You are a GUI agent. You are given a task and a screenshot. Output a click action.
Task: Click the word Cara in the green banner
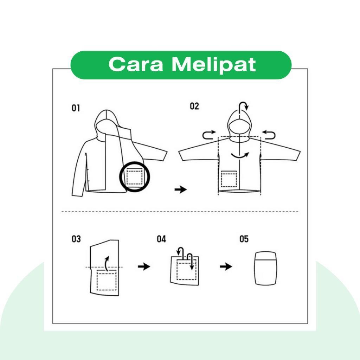pyautogui.click(x=136, y=64)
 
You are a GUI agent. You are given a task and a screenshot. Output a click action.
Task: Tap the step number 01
pyautogui.click(x=76, y=108)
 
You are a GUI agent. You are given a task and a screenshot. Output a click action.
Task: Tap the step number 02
pyautogui.click(x=194, y=106)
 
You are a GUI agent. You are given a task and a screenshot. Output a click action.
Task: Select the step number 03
pyautogui.click(x=76, y=239)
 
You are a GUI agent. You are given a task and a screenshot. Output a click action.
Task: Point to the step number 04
pyautogui.click(x=161, y=239)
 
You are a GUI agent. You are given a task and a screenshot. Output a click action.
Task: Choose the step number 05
pyautogui.click(x=244, y=239)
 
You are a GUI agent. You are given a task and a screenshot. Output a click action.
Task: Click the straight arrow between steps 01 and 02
pyautogui.click(x=181, y=189)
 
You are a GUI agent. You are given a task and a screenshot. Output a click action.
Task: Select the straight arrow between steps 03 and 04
pyautogui.click(x=144, y=266)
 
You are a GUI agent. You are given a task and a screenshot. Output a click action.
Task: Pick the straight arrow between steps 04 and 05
pyautogui.click(x=226, y=266)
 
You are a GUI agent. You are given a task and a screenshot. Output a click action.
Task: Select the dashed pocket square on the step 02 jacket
pyautogui.click(x=229, y=179)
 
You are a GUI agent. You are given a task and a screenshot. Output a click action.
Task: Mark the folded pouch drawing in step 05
pyautogui.click(x=266, y=268)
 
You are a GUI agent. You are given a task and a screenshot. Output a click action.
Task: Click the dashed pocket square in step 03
pyautogui.click(x=107, y=280)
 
